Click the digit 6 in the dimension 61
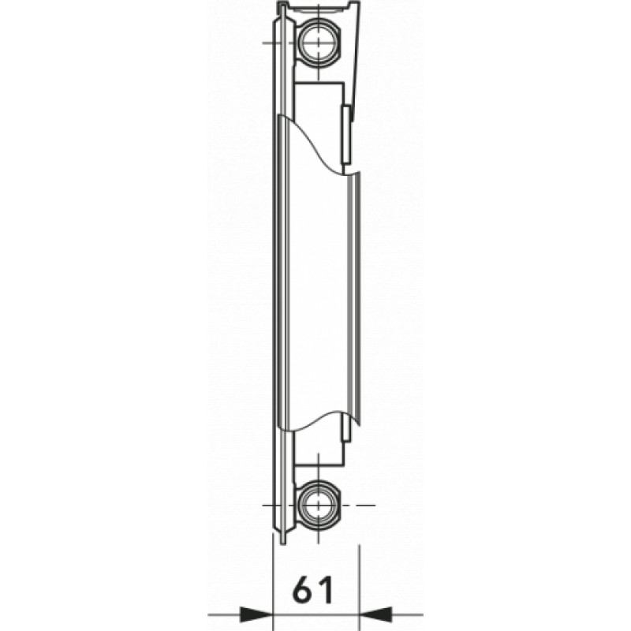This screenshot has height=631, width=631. pyautogui.click(x=303, y=589)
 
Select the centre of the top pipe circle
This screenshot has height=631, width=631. pyautogui.click(x=319, y=43)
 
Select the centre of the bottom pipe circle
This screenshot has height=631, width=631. pyautogui.click(x=319, y=505)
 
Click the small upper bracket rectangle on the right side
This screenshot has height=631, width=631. pyautogui.click(x=346, y=134)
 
